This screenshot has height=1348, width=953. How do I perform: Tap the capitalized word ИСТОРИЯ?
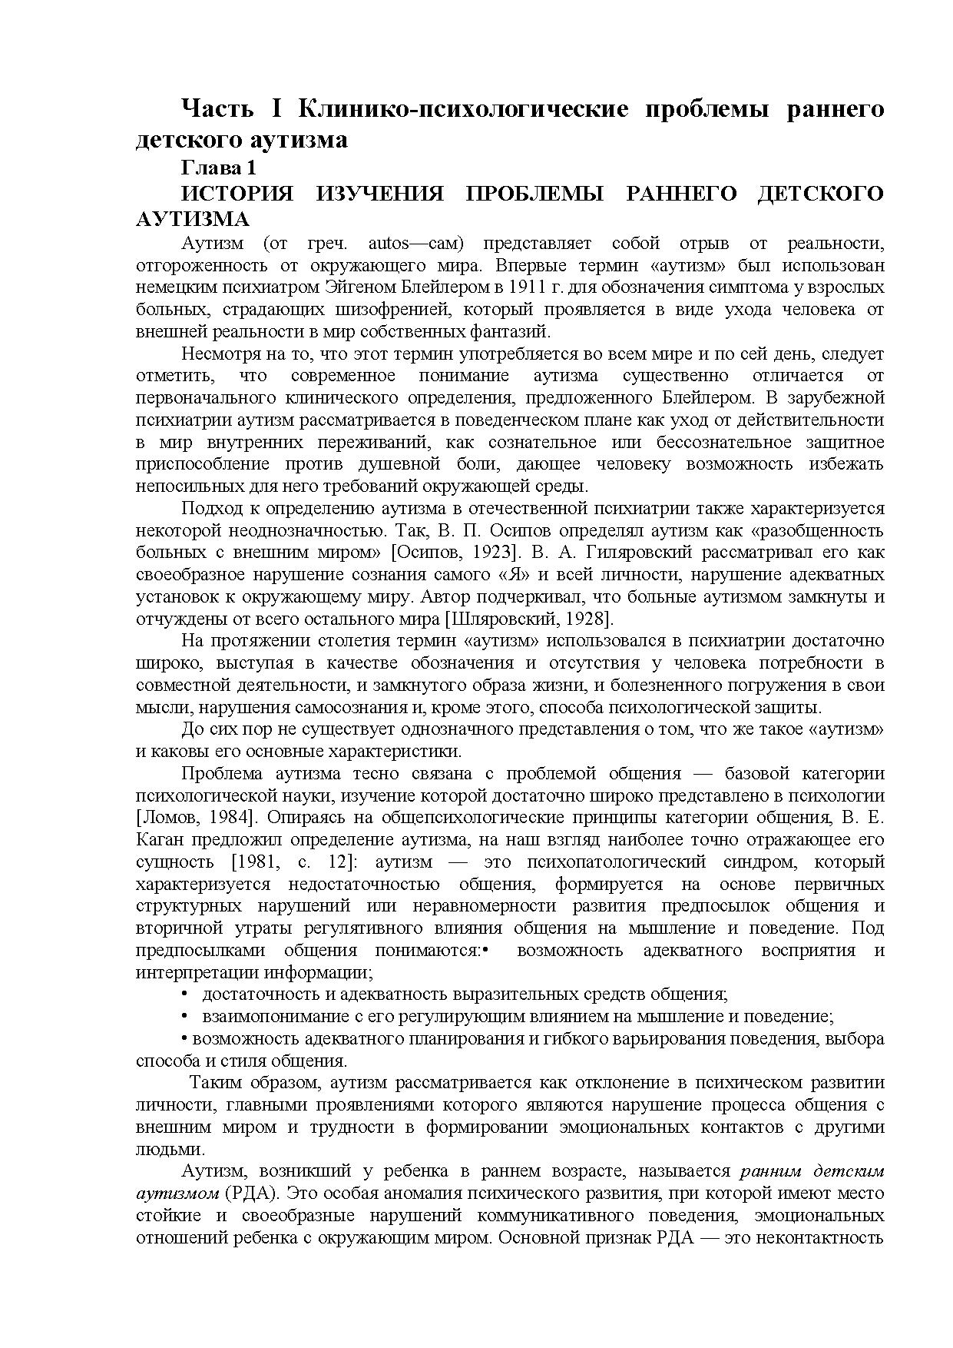click(x=237, y=194)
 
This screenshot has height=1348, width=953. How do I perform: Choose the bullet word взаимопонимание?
click(x=268, y=1016)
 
